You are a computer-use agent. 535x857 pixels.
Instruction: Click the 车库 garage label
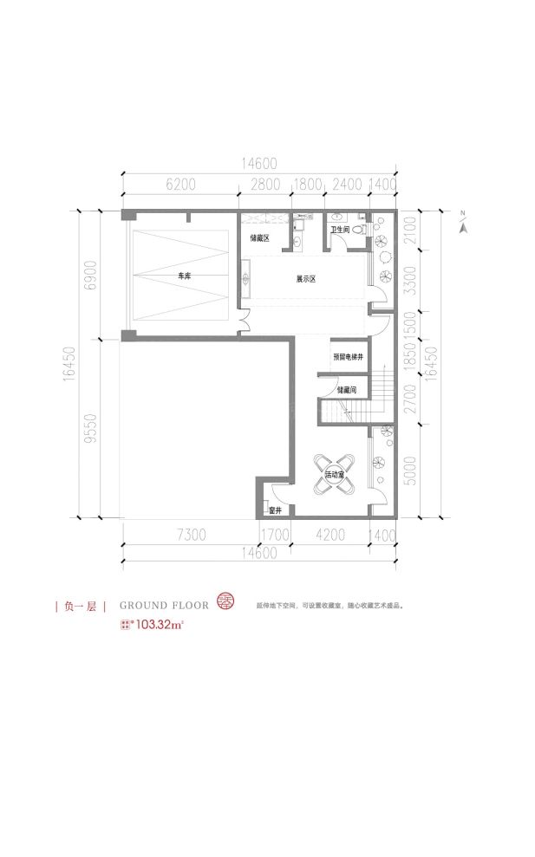coord(183,276)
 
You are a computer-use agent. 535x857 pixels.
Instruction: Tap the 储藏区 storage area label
coord(260,237)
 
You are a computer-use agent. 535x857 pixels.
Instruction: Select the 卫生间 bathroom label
coord(339,230)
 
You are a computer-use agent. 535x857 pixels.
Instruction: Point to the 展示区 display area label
coord(305,279)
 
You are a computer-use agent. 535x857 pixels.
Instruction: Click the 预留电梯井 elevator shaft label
coord(347,357)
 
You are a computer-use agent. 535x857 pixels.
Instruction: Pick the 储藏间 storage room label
coord(346,389)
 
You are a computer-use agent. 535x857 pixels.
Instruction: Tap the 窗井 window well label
coord(274,510)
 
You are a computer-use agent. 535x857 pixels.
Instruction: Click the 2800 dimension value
coord(264,185)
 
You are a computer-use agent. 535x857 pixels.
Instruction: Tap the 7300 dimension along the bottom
coord(190,535)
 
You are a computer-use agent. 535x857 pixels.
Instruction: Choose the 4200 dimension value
coord(330,535)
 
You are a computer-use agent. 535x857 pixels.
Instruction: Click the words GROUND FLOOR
coord(164,604)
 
